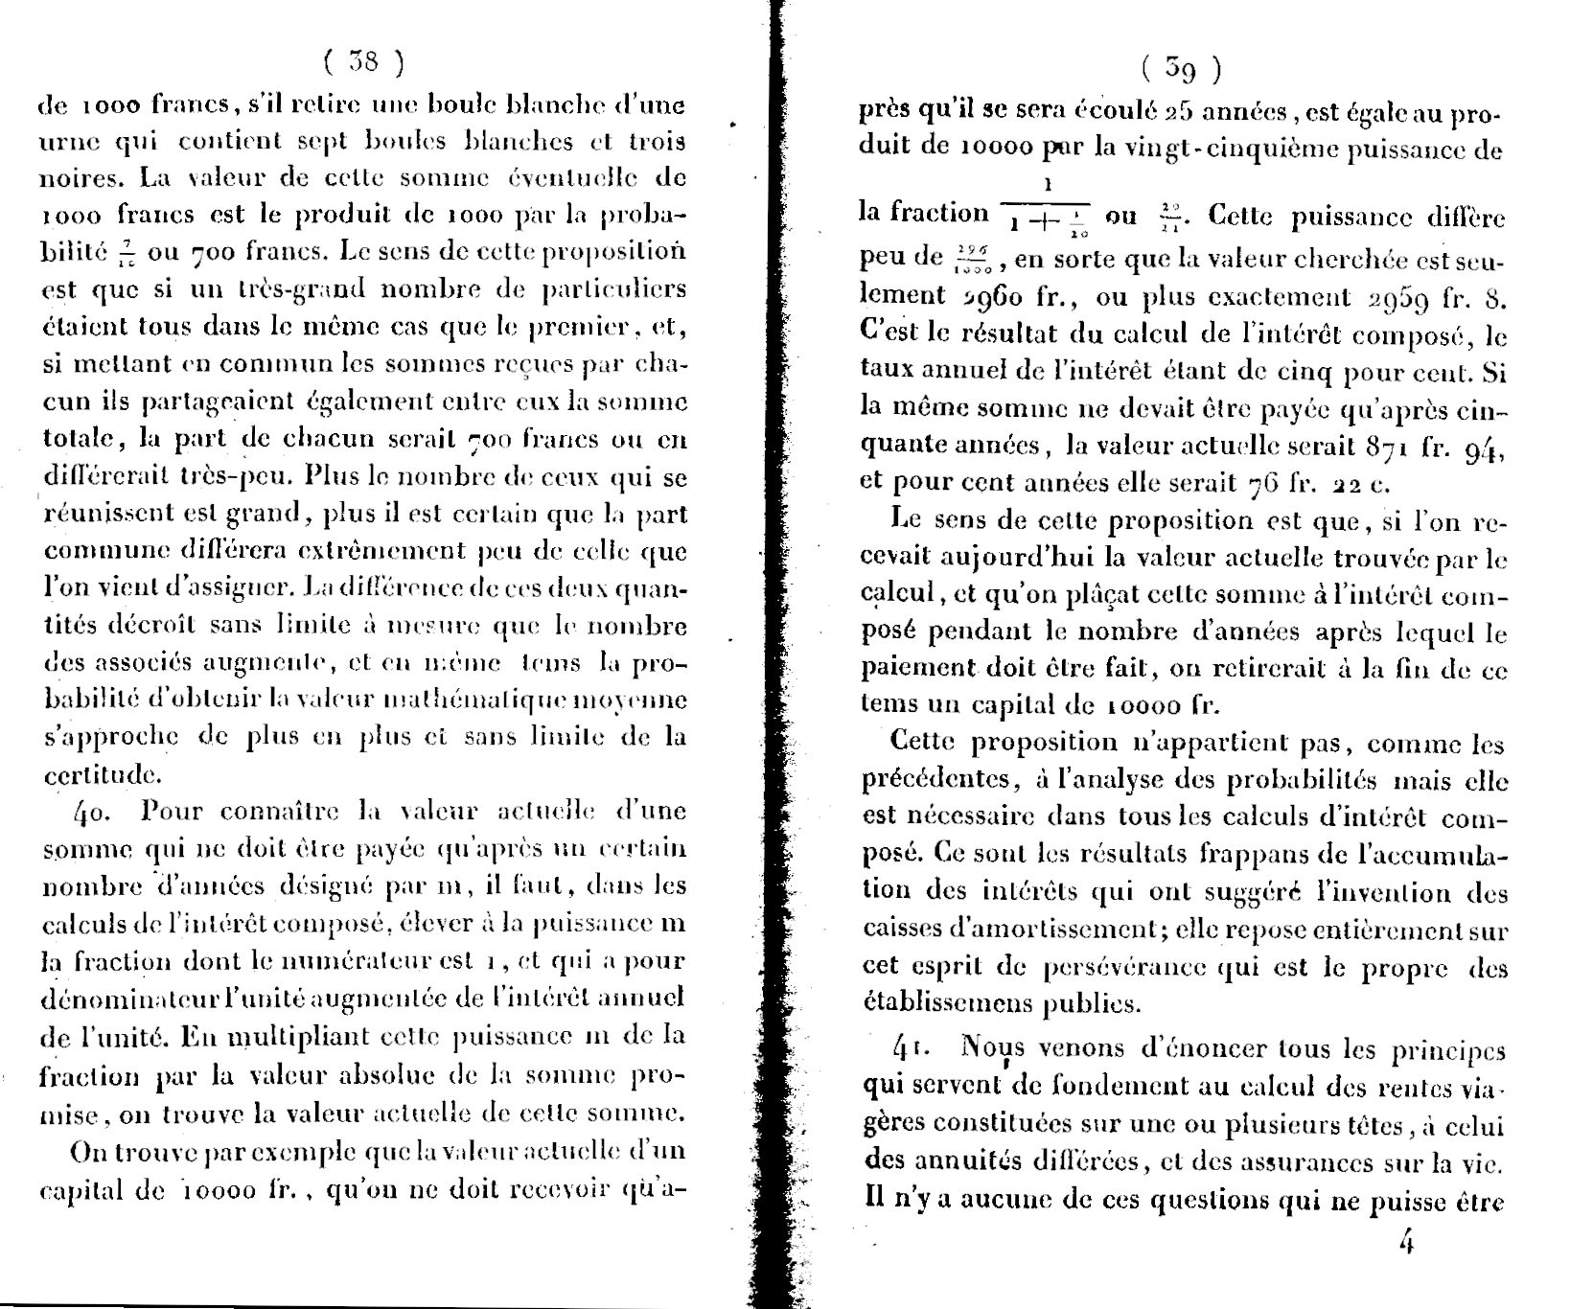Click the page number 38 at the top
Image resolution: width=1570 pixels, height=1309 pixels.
[363, 62]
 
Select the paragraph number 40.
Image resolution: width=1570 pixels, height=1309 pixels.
[93, 812]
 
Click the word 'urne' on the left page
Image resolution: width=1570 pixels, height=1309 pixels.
[70, 143]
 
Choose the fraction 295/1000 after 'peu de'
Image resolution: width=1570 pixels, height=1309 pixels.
[976, 259]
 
